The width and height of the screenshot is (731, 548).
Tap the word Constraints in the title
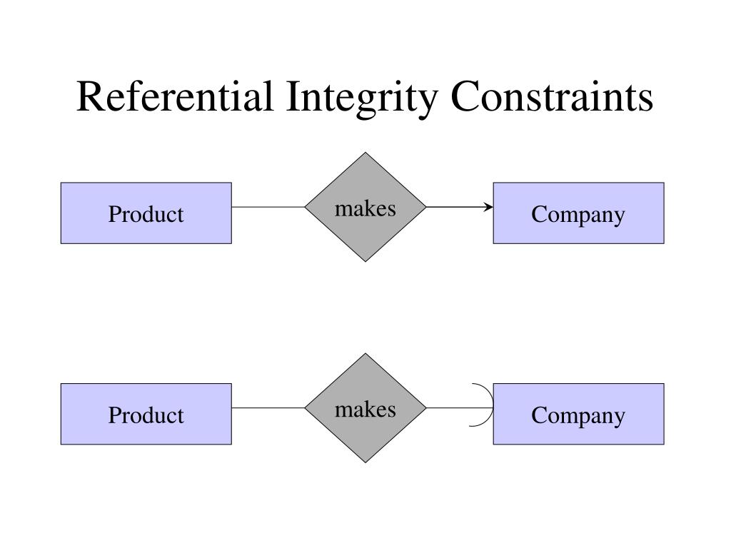click(551, 97)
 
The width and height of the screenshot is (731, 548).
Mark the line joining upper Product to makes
click(268, 207)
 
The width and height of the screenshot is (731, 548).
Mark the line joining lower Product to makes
click(268, 408)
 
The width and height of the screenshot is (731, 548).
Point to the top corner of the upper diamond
click(365, 154)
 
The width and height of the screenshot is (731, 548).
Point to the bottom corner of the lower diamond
click(365, 461)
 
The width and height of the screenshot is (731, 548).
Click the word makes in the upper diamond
click(365, 208)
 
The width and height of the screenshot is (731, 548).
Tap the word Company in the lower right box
click(578, 415)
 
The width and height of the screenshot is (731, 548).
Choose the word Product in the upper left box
click(146, 214)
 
